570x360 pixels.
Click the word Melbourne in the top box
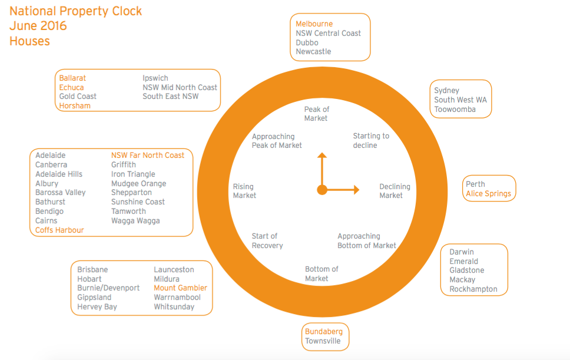(314, 24)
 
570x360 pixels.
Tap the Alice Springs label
(488, 194)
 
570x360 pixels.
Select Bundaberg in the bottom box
(323, 332)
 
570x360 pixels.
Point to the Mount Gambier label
(180, 288)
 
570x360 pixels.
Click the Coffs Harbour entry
(59, 230)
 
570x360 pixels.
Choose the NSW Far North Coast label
(148, 156)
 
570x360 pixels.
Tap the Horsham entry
(75, 106)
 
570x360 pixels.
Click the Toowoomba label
(455, 110)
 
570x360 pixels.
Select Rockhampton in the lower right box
(473, 289)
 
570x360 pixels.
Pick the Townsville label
(323, 341)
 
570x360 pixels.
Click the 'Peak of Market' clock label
(316, 114)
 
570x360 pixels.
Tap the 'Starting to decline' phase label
(371, 141)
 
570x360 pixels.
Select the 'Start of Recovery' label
(267, 241)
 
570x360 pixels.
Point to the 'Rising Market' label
(244, 191)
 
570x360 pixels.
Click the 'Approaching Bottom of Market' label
(366, 241)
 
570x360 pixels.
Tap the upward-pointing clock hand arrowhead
(322, 156)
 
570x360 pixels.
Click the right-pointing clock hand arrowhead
(357, 190)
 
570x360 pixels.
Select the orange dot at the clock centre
(322, 190)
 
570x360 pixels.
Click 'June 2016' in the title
(38, 26)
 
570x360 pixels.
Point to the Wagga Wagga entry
(135, 221)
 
